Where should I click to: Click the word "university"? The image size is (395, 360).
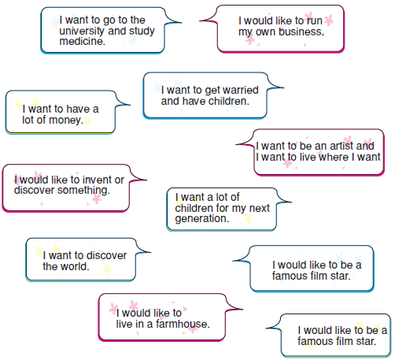tap(82, 32)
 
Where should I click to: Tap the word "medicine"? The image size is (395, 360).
tap(81, 41)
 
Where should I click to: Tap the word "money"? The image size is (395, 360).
tap(65, 121)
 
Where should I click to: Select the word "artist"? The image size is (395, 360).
tap(341, 146)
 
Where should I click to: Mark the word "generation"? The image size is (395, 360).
tap(201, 219)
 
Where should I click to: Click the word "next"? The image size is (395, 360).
tap(259, 208)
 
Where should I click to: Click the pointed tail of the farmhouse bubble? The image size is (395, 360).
tap(242, 309)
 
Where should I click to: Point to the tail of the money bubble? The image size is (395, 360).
tap(130, 105)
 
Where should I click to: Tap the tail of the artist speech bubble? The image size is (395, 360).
tap(237, 144)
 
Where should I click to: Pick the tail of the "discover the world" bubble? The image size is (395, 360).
tap(150, 252)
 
